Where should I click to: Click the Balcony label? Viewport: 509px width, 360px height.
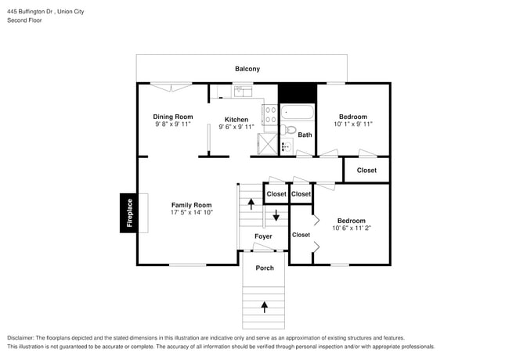click(247, 69)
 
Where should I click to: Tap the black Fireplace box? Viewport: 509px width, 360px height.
click(128, 213)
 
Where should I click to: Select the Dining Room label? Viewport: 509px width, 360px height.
click(173, 117)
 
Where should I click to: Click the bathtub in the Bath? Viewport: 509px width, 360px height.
click(298, 112)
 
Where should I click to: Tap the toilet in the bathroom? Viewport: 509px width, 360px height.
click(289, 130)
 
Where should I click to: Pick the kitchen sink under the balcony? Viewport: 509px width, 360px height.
click(244, 91)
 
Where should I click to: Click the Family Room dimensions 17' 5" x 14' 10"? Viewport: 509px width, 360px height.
click(192, 212)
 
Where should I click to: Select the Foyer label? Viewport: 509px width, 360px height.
click(263, 236)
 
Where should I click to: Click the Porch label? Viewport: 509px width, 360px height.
click(265, 268)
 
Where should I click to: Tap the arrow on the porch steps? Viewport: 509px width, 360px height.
click(265, 307)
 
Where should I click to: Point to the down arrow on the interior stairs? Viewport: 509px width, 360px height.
click(276, 215)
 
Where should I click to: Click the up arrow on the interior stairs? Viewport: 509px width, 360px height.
click(251, 204)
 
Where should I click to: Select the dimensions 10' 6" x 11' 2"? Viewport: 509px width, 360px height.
click(352, 228)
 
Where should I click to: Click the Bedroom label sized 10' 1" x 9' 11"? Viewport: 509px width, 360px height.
click(353, 117)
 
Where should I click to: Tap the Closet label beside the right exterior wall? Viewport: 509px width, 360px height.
click(366, 171)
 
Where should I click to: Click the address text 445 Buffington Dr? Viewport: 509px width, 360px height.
click(31, 12)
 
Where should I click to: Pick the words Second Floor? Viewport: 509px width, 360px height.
click(25, 20)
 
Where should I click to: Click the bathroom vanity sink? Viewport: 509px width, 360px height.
click(286, 146)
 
